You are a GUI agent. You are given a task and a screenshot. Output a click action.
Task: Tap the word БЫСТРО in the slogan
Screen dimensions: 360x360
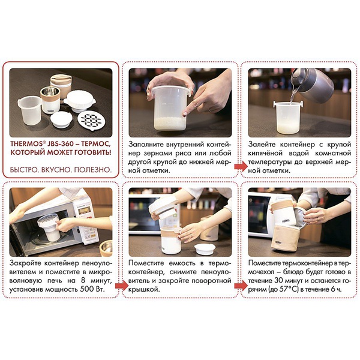pyautogui.click(x=29, y=169)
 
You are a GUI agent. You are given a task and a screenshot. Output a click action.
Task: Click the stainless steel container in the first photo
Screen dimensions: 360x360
pyautogui.click(x=47, y=99)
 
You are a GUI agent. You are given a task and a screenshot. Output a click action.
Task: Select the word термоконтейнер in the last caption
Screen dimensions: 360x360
pyautogui.click(x=310, y=263)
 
